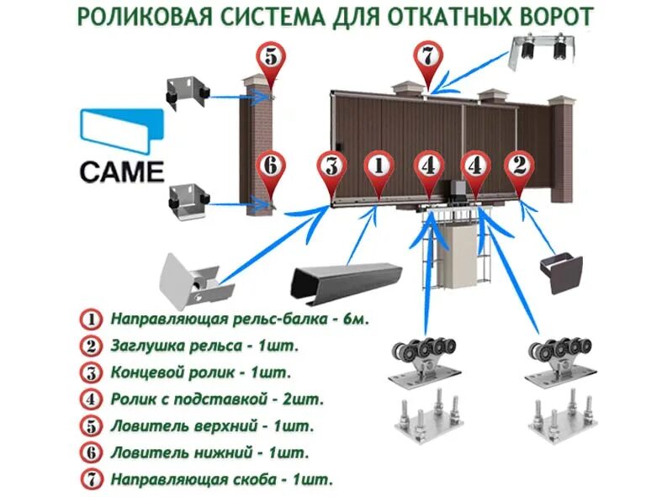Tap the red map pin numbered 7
(427, 60)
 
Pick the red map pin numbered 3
(331, 167)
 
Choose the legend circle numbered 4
(90, 399)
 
